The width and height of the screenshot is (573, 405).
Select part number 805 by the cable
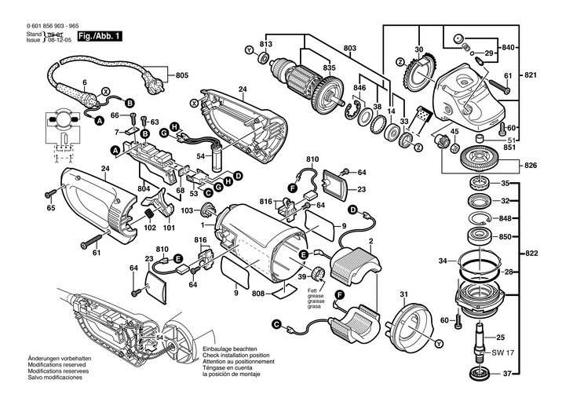click(182, 76)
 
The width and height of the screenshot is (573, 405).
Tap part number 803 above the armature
click(349, 49)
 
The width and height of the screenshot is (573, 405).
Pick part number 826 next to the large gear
click(531, 165)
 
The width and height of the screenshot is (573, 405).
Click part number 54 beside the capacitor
click(199, 157)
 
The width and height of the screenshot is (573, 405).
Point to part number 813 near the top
click(266, 44)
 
